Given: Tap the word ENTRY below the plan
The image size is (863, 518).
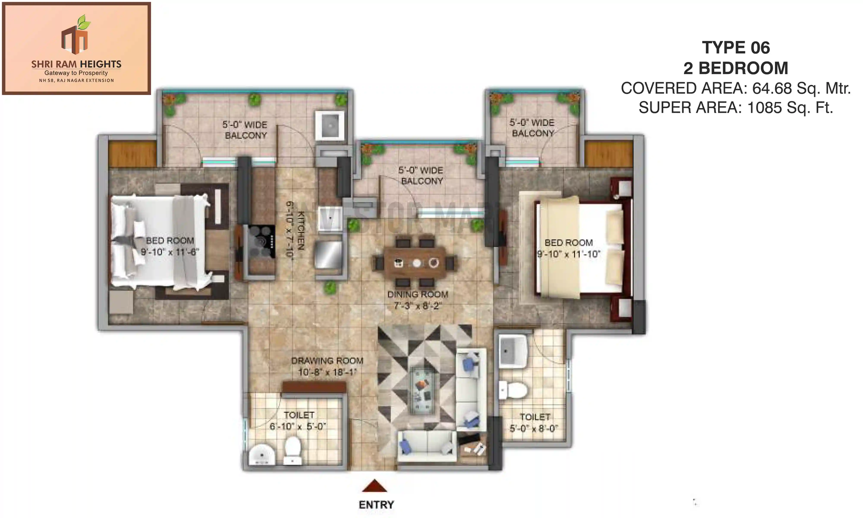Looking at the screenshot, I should coord(376,505).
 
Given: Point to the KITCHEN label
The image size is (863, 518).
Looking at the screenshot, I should coord(301,230).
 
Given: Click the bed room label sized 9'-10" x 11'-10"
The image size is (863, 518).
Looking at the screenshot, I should coord(569,243).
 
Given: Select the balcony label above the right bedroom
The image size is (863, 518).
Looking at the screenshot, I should coord(532,128).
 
